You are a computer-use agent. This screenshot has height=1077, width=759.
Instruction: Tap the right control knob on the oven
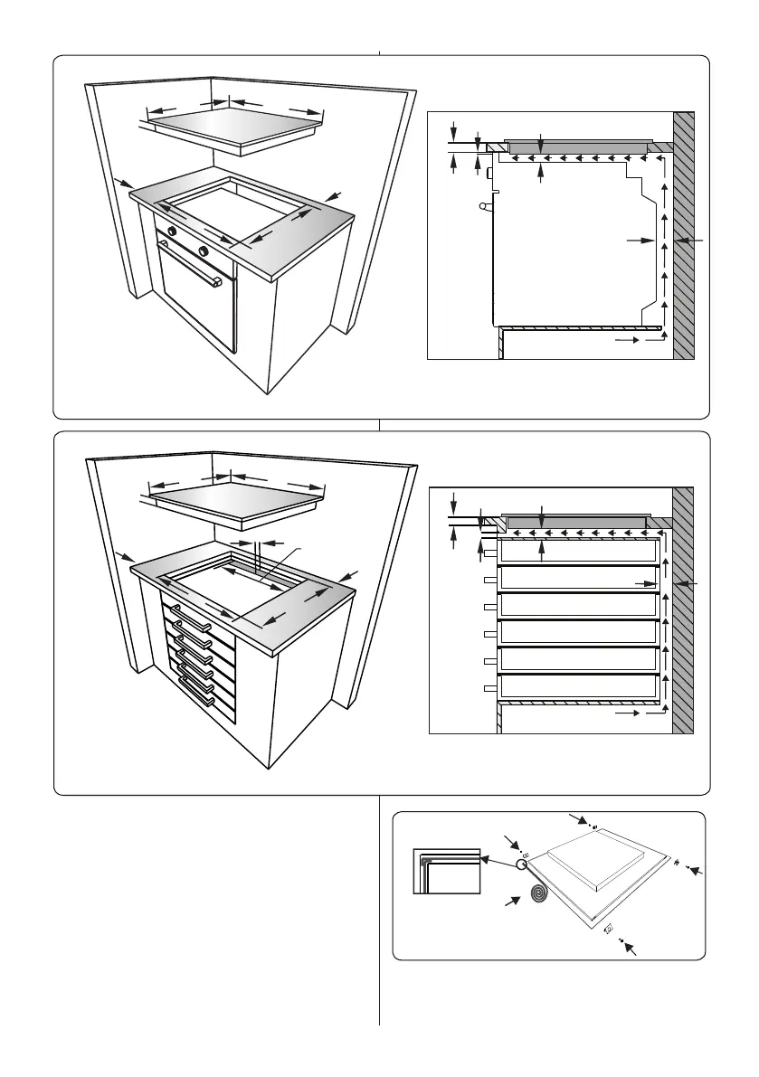204,250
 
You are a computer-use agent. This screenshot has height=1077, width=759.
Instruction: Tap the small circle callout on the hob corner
522,864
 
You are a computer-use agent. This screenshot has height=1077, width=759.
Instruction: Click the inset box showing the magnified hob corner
444,871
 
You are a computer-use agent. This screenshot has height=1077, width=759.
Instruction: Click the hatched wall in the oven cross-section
684,235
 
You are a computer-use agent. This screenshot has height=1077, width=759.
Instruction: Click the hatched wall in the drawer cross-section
684,609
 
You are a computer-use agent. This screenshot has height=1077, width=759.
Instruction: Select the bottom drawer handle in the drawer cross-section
489,689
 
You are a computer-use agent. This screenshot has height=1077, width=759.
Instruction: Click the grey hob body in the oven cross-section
577,147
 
